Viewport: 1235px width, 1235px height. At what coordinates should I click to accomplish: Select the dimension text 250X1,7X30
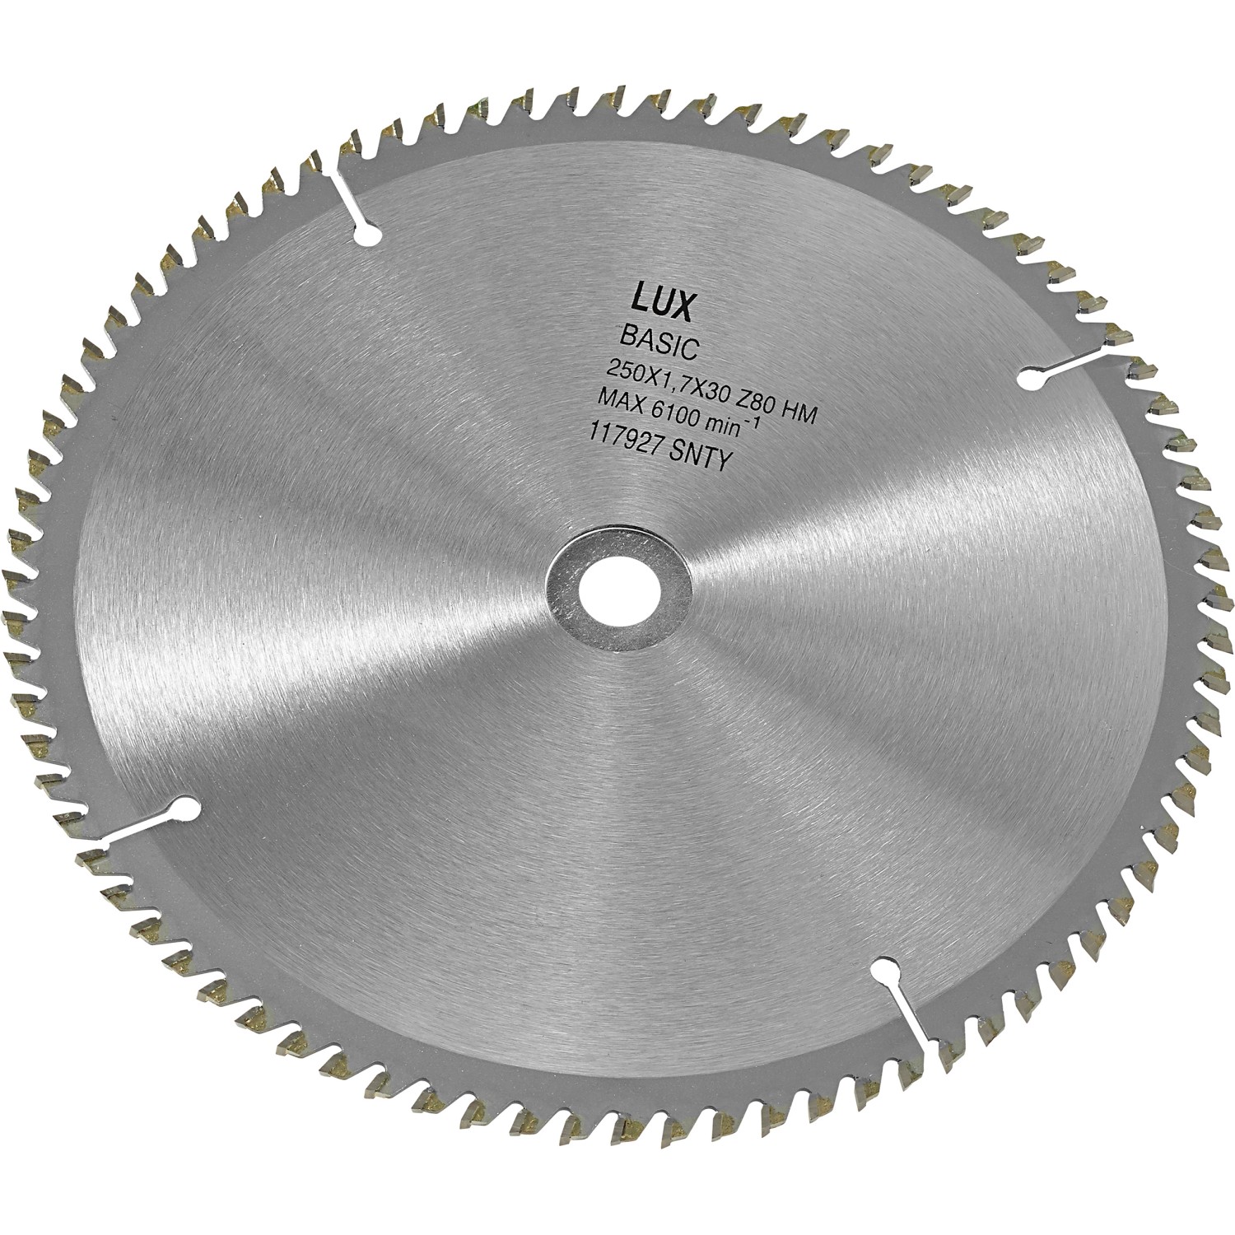tap(673, 379)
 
